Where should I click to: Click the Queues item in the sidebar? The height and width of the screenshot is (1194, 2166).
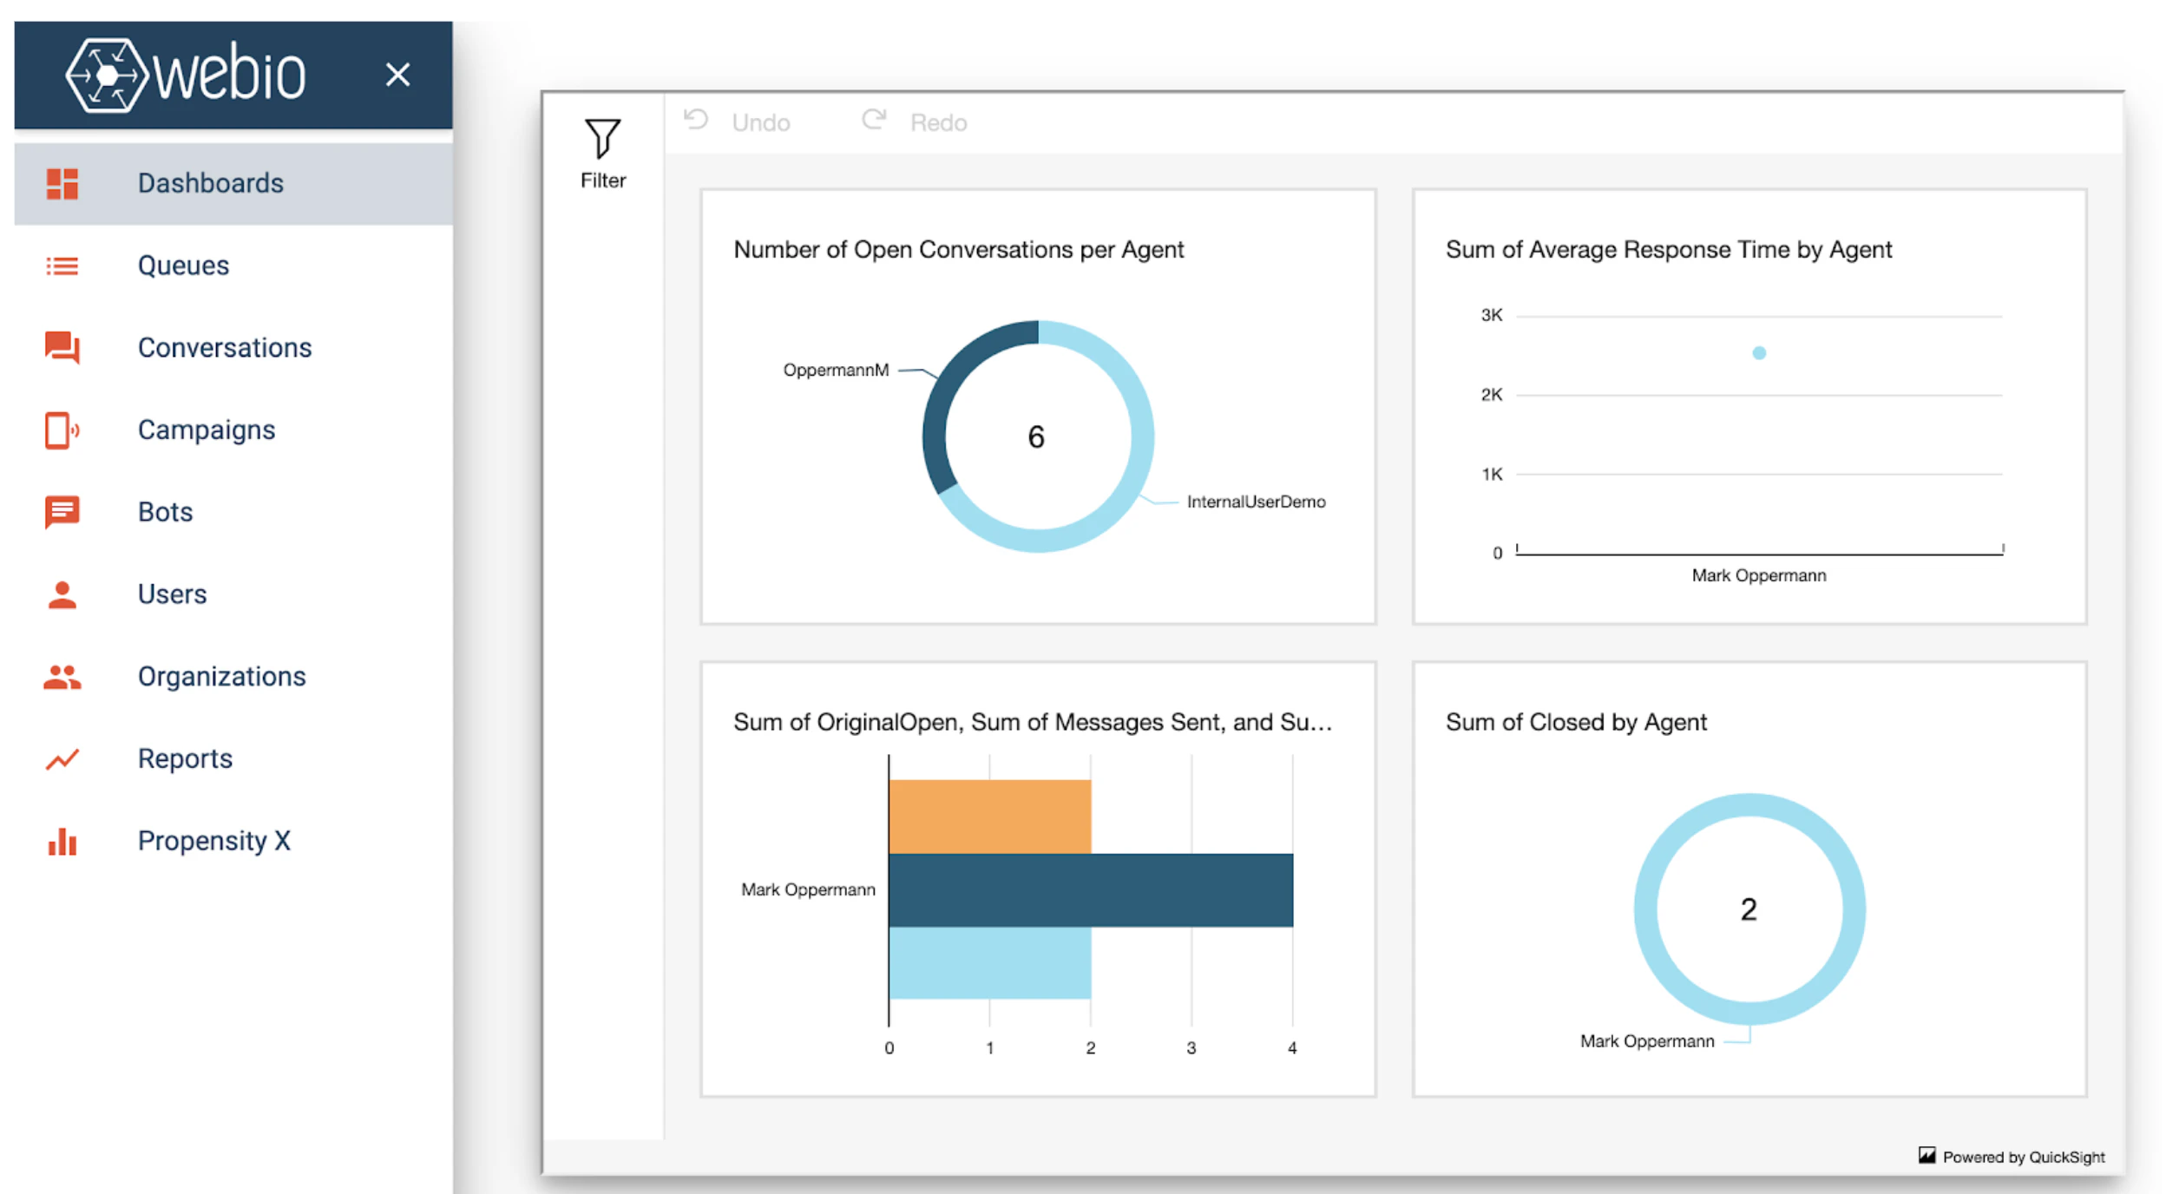tap(183, 266)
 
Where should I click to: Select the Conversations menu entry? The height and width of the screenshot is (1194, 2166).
tap(224, 348)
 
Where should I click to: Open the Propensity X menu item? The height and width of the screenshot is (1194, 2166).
tap(213, 841)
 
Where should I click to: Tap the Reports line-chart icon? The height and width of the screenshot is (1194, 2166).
tap(62, 759)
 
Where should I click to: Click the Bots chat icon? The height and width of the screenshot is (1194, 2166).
tap(62, 512)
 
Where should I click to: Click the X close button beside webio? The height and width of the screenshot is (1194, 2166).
tap(397, 75)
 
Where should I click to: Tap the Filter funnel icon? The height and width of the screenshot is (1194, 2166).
tap(602, 139)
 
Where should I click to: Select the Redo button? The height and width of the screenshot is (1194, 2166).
tap(916, 122)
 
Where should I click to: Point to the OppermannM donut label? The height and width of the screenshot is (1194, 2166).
tap(836, 371)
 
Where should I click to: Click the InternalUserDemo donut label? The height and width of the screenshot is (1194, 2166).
tap(1256, 502)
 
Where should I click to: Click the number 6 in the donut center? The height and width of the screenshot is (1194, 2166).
tap(1036, 437)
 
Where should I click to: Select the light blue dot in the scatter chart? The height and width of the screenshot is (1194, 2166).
tap(1759, 353)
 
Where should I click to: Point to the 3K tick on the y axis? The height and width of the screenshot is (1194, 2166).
tap(1491, 316)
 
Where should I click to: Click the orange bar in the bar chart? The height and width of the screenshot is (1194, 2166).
tap(989, 817)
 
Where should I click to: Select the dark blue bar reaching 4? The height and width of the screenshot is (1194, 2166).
tap(1090, 890)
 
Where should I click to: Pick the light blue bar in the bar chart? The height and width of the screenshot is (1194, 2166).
tap(989, 962)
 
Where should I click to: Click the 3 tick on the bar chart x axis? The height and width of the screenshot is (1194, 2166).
tap(1191, 1048)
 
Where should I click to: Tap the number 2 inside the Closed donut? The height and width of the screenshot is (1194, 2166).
tap(1749, 909)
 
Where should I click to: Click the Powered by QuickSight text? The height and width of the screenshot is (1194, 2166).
tap(2023, 1158)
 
